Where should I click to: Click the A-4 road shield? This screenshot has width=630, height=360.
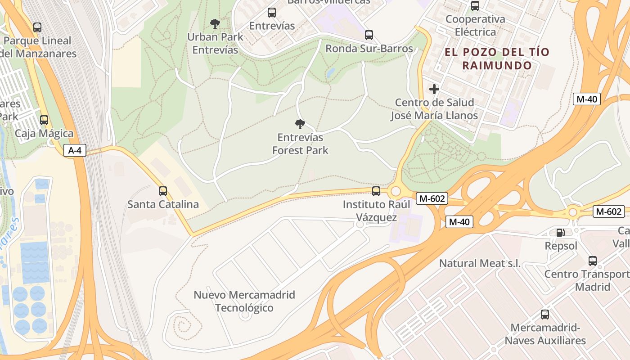74,150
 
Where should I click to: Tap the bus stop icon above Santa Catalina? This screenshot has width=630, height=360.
163,191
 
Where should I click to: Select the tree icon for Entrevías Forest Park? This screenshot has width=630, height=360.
300,124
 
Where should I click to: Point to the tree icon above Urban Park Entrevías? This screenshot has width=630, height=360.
215,23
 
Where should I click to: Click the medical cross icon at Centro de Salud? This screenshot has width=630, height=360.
434,89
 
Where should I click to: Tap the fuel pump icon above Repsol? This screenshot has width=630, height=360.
560,233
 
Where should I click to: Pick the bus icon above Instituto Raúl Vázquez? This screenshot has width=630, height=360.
376,191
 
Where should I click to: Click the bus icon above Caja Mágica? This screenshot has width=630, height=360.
44,120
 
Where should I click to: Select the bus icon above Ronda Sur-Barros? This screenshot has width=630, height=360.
369,35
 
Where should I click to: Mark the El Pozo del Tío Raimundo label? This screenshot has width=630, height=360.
497,58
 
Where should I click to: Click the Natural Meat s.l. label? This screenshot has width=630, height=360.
480,263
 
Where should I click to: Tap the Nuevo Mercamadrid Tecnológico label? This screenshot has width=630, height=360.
244,301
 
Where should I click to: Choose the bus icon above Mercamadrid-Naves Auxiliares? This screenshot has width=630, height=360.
545,315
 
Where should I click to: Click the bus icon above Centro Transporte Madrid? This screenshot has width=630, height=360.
593,261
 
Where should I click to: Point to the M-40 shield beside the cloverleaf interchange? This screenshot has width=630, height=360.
459,221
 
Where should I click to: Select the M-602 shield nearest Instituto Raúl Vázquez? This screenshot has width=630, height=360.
432,198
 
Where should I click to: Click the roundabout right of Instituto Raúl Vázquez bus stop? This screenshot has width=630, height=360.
396,191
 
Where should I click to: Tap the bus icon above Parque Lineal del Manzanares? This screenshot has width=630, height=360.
37,27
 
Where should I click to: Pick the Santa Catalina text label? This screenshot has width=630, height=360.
163,204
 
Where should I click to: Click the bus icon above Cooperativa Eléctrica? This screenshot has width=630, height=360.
475,6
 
